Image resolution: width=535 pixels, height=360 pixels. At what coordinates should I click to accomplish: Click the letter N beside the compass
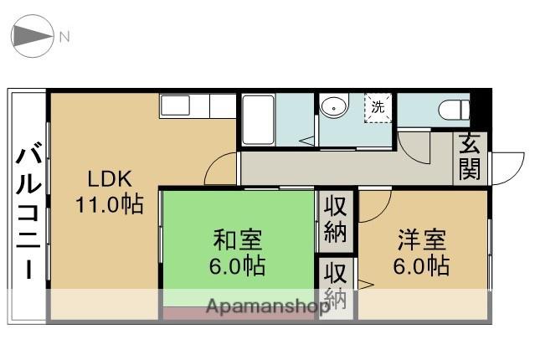coord(64,37)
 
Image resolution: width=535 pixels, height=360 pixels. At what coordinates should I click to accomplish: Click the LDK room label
coord(109,178)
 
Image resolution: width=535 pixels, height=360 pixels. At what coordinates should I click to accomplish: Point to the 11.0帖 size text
coord(109,203)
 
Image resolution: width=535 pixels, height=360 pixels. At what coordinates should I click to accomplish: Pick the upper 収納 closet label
coord(336,219)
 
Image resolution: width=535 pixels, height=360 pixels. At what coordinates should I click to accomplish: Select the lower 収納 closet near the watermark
coord(336,285)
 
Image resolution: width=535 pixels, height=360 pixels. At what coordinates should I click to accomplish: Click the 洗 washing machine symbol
coord(378,107)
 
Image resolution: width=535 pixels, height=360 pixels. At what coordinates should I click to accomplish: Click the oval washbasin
coord(333,107)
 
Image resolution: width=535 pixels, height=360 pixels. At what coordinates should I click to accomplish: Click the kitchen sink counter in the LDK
coord(198,105)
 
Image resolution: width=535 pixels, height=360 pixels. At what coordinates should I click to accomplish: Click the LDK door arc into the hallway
coord(220,170)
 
